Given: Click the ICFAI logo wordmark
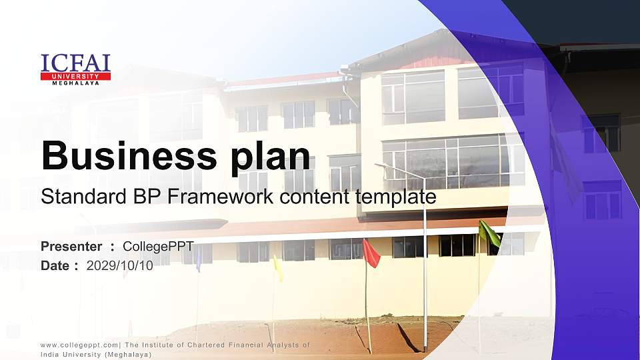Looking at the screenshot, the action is (x=75, y=63).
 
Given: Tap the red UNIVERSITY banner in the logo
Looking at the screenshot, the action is (x=75, y=76).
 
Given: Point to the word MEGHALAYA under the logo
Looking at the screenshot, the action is (x=75, y=83).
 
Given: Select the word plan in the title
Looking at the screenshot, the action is (x=271, y=157).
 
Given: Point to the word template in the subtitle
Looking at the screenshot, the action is (x=396, y=197).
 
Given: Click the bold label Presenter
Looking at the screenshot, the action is (x=71, y=247).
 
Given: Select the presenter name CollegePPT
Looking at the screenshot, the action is (x=158, y=247).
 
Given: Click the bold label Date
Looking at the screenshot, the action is (x=55, y=266).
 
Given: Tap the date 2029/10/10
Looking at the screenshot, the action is (x=119, y=266).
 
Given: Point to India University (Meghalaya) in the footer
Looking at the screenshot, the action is (x=96, y=355).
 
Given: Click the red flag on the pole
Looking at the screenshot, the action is (x=371, y=253).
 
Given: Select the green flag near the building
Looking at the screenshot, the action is (x=489, y=233).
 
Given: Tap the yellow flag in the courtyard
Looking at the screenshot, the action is (x=279, y=268).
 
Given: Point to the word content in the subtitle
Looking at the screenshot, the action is (x=315, y=196).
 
